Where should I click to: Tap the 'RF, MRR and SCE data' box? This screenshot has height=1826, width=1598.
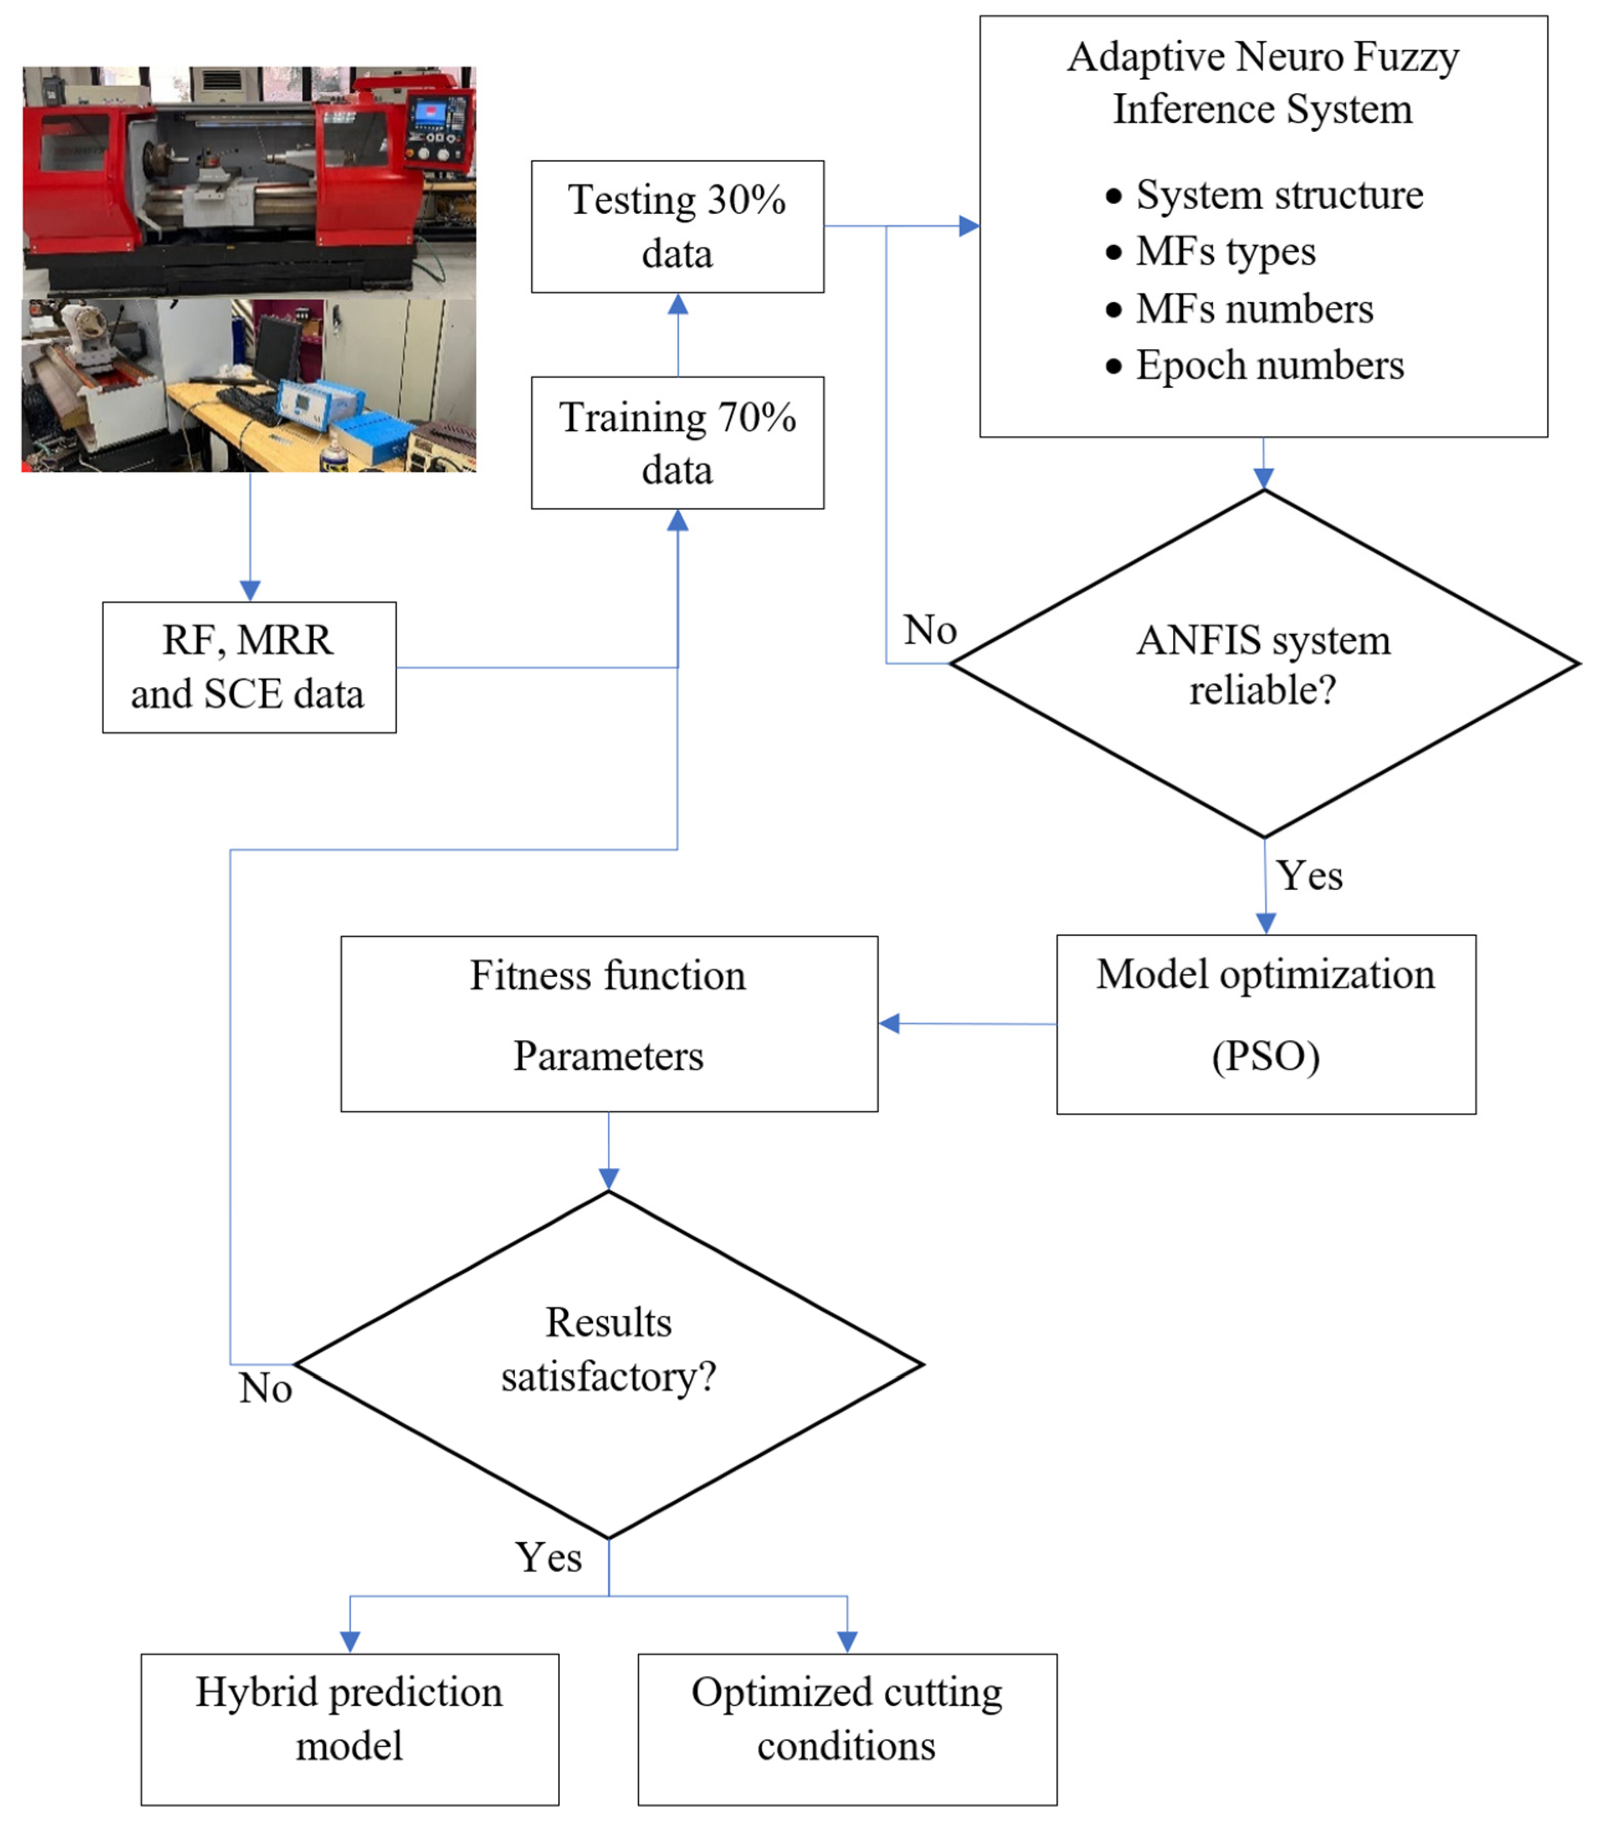point(249,667)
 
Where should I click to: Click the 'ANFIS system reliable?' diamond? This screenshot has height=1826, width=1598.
point(1263,664)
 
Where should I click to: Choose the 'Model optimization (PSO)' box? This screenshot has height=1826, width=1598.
point(1265,1023)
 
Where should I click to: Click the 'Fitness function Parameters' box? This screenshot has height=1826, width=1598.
point(608,1023)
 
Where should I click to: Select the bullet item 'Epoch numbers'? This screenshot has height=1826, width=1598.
point(1269,366)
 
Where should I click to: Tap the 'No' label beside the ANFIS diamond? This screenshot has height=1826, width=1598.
point(929,631)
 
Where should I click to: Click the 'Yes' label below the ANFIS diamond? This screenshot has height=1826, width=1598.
point(1309,875)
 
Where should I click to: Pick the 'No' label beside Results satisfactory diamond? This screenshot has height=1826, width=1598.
point(265,1388)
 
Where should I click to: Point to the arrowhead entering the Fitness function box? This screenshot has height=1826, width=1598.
point(889,1023)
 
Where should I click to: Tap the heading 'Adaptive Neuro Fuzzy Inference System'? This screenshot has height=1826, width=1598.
point(1263,83)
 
